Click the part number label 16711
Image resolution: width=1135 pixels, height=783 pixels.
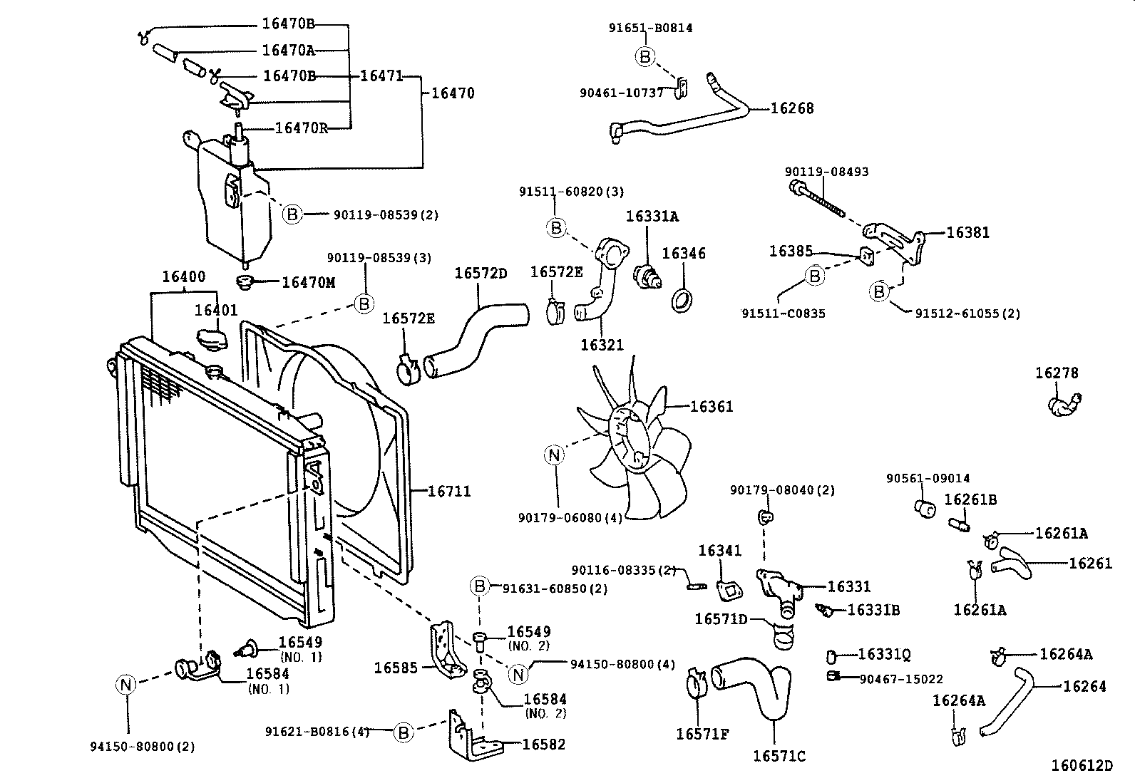(449, 492)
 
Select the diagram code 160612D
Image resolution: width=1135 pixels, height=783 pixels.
(1082, 766)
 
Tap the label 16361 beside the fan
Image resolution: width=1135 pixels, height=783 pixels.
(712, 407)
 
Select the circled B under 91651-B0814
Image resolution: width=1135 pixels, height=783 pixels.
(645, 57)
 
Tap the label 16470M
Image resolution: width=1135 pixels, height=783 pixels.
(308, 282)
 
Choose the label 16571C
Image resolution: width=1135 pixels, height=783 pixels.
(779, 756)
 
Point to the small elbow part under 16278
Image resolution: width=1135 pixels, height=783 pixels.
(1064, 404)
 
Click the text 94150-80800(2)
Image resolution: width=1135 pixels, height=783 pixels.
(143, 747)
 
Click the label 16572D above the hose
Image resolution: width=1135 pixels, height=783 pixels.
(481, 273)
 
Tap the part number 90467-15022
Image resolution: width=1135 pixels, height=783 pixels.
(901, 679)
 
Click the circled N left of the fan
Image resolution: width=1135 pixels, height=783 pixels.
(554, 455)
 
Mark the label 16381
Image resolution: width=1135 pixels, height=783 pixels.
(967, 232)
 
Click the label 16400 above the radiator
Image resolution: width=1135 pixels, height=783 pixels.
(183, 277)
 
